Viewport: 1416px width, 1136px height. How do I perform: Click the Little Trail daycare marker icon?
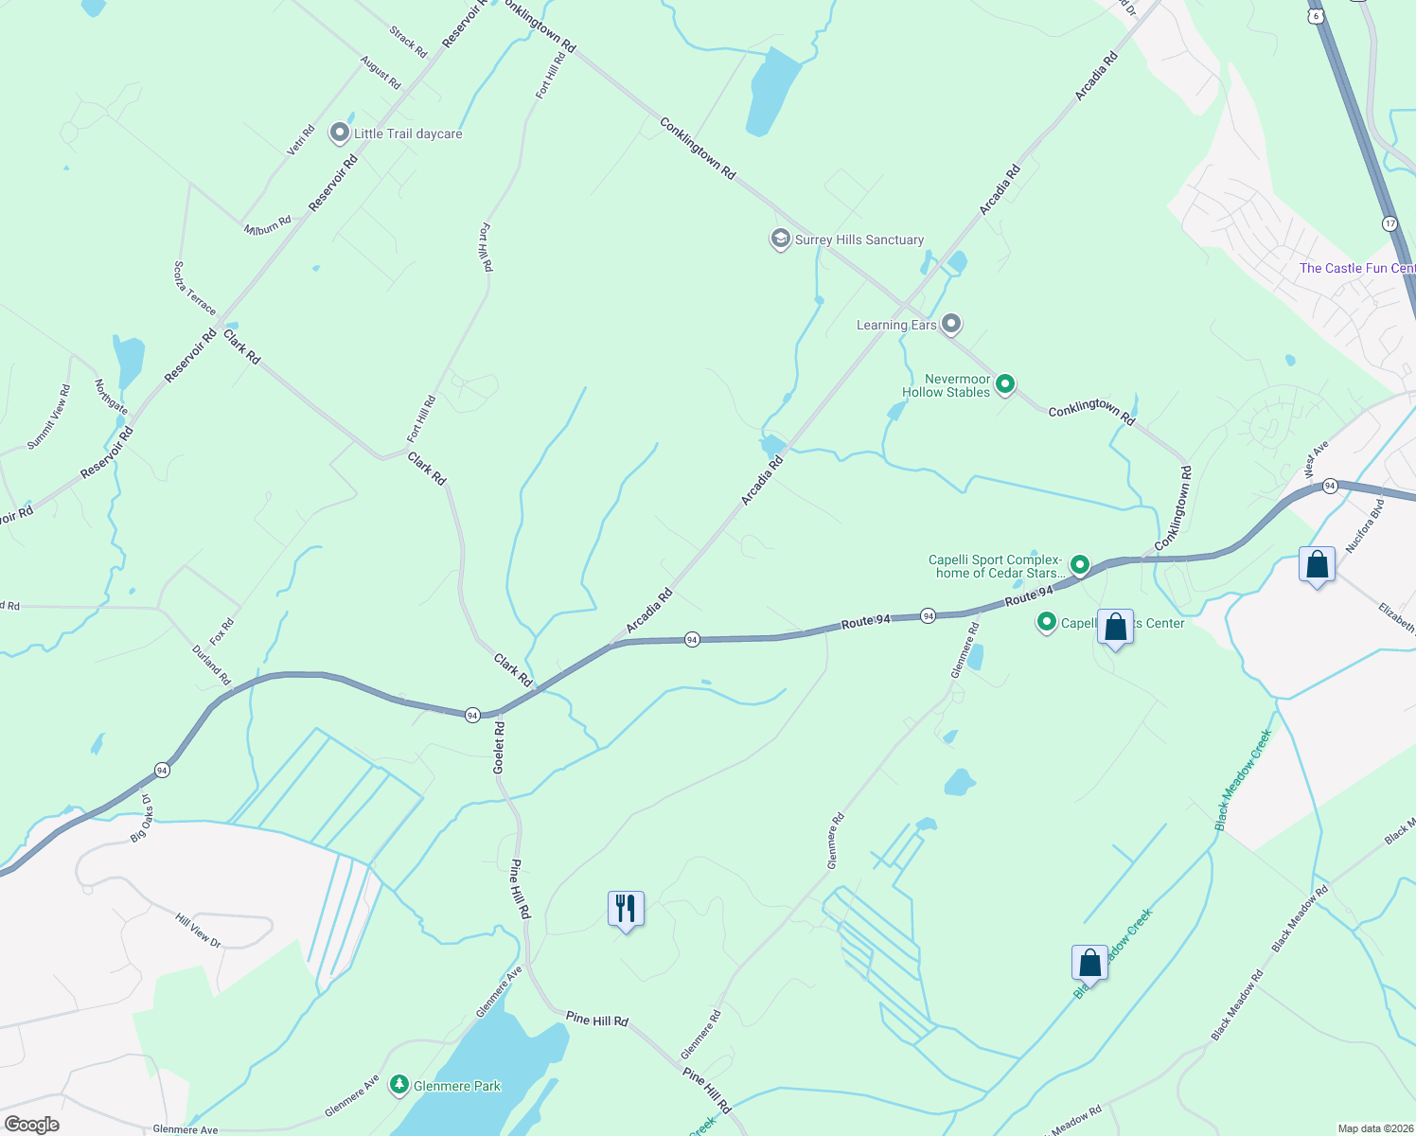point(340,133)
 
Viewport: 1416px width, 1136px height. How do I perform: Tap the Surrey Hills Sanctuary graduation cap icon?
point(780,240)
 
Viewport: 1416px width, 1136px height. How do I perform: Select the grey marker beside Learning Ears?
point(951,325)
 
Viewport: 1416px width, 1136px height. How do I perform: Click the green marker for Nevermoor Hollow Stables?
point(1005,383)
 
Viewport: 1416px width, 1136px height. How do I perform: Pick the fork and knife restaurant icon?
point(626,909)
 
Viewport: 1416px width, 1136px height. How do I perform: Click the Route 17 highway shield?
point(1389,223)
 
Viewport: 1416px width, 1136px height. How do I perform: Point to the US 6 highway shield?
point(1316,16)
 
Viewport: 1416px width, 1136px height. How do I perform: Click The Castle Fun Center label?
point(1356,268)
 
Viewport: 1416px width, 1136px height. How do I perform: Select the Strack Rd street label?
point(408,42)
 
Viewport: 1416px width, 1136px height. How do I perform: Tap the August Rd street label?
point(380,72)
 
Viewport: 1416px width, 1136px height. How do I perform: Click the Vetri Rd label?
point(301,141)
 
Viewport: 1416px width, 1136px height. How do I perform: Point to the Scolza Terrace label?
point(195,288)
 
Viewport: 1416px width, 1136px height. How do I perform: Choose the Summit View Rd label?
point(48,417)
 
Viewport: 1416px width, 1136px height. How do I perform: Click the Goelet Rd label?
point(499,748)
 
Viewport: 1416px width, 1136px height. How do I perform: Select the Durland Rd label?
point(211,665)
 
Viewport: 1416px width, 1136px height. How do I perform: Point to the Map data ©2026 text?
point(1373,1128)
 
